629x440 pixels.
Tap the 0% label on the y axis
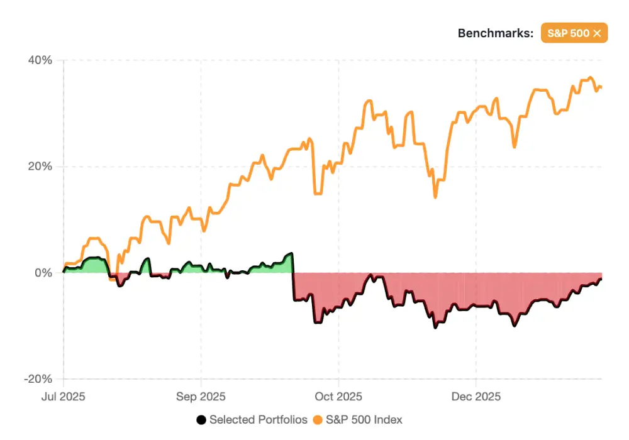pos(44,273)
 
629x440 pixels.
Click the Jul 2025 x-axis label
pos(64,397)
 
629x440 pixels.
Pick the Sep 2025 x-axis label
pos(201,397)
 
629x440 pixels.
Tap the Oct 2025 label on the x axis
pos(338,397)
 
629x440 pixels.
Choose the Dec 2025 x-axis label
pos(476,397)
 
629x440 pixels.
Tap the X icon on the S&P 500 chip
pos(597,33)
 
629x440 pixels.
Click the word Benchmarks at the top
pos(495,33)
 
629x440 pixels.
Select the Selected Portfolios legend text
pos(259,419)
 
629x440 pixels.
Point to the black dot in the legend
pos(201,419)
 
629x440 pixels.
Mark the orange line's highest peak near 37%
pos(590,78)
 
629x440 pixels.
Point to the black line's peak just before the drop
pos(291,253)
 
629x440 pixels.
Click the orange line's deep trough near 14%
pos(435,197)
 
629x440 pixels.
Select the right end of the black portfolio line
pos(601,278)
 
